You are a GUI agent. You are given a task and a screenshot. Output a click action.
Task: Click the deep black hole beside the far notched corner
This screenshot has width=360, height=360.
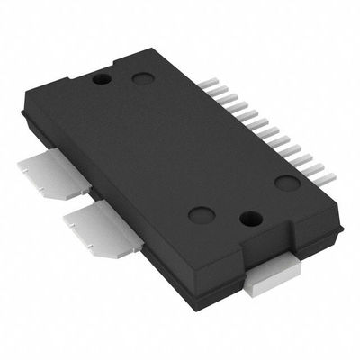point(103,79)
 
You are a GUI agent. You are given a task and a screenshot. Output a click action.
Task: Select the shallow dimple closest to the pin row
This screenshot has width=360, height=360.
point(287,183)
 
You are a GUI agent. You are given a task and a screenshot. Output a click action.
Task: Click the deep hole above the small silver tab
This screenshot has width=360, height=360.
point(253,218)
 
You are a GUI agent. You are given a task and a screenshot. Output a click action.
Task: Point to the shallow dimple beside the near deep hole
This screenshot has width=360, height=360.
point(201,214)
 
